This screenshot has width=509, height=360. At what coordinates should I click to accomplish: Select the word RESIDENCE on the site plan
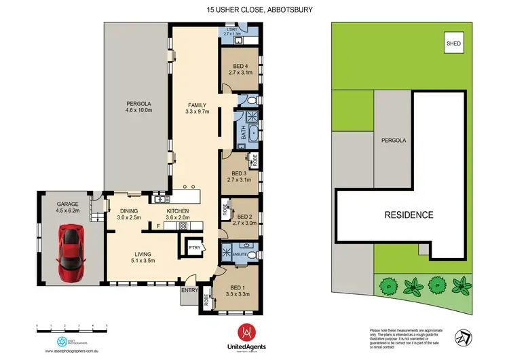coord(409,215)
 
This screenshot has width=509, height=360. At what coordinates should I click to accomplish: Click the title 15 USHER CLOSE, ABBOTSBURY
coord(254,10)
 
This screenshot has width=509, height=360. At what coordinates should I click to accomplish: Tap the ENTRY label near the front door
coord(189,291)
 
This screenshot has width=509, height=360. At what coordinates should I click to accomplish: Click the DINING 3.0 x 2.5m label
coord(128,214)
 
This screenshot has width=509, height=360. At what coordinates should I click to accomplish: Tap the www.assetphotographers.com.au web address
coord(72,352)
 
